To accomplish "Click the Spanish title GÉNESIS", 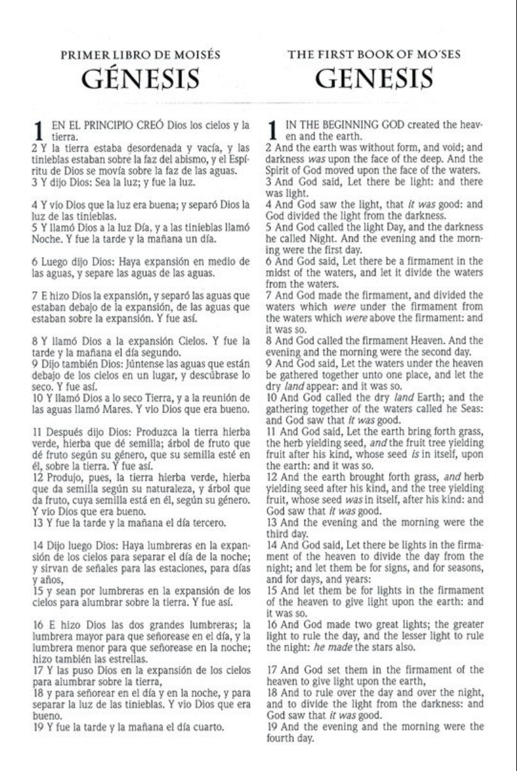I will [x=141, y=80].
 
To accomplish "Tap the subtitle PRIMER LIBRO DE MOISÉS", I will [x=141, y=55].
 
